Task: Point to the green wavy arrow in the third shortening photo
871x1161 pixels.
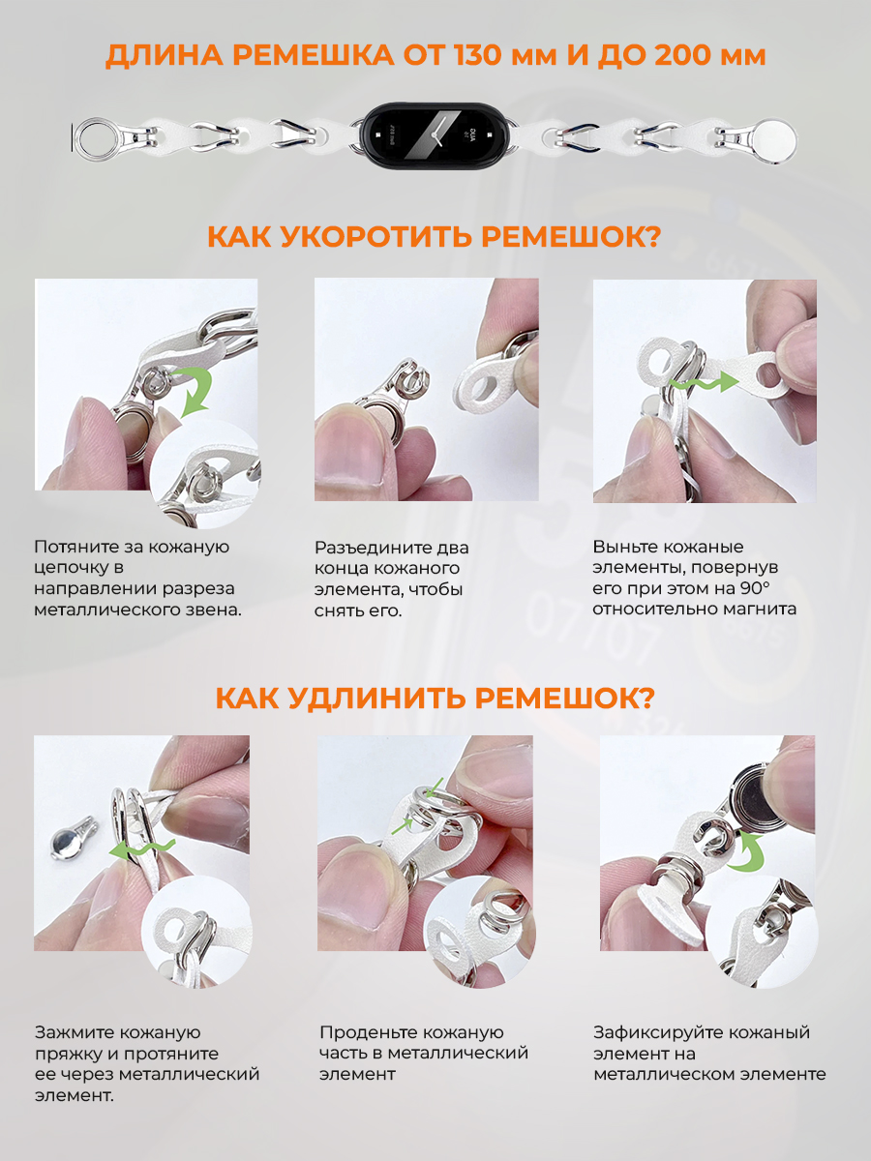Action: [705, 382]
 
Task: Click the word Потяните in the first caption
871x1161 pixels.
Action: [75, 547]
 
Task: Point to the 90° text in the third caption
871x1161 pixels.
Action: [755, 588]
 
